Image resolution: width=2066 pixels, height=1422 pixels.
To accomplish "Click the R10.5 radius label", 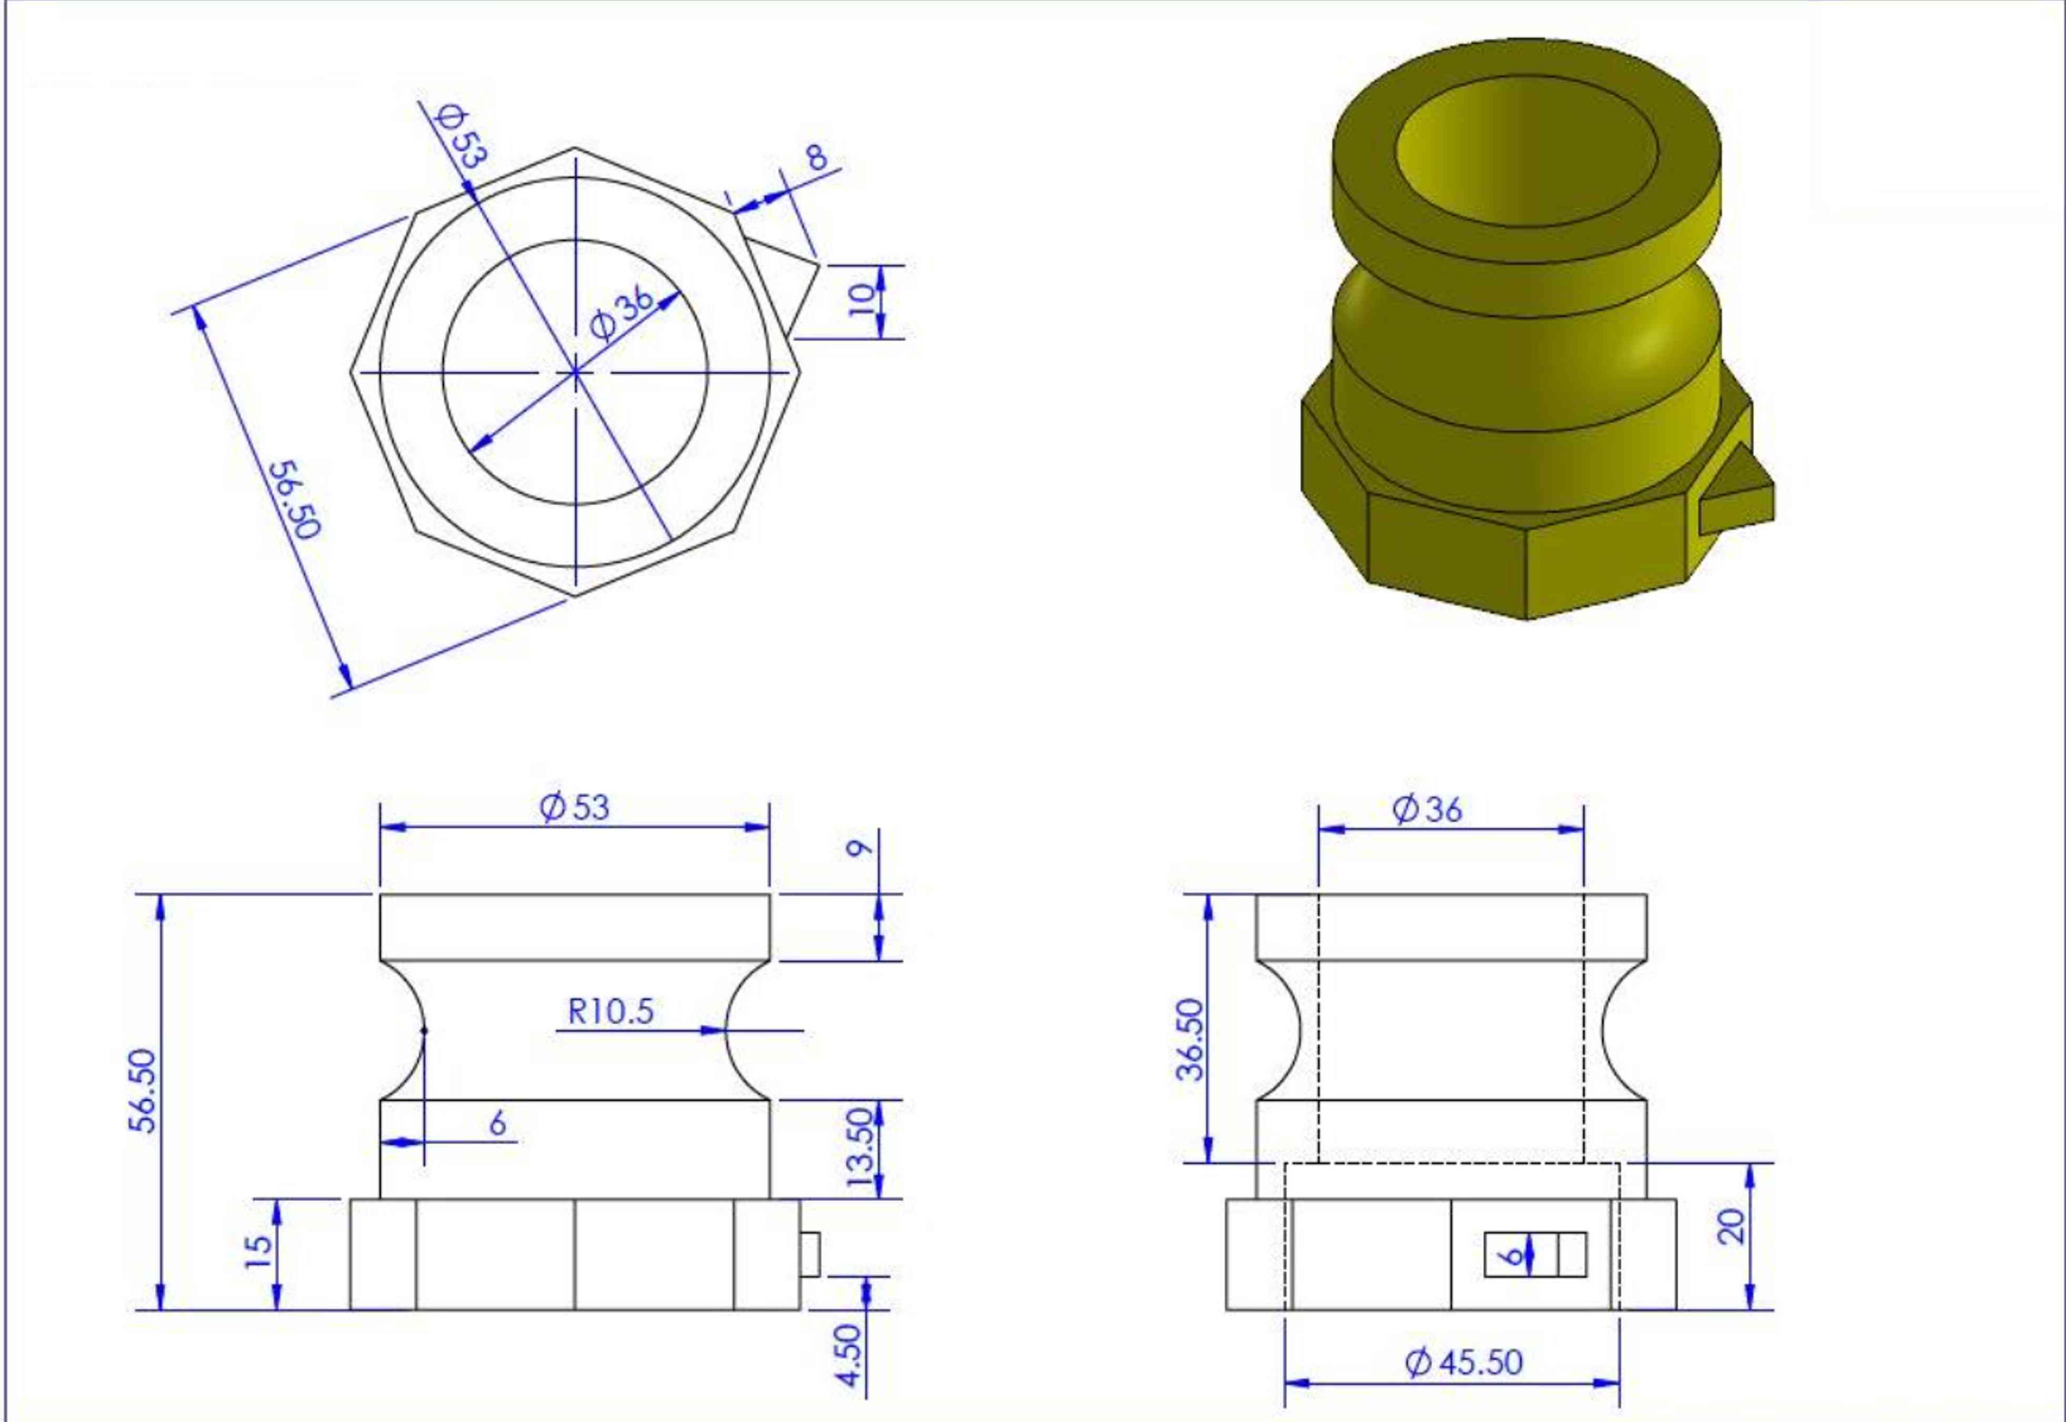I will tap(610, 1011).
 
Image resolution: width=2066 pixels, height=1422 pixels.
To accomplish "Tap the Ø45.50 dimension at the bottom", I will tap(1464, 1362).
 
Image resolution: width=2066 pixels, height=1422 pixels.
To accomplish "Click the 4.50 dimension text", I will tap(851, 1354).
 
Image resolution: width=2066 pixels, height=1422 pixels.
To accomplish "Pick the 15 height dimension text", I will tap(258, 1252).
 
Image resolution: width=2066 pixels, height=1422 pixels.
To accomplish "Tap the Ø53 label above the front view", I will tap(575, 807).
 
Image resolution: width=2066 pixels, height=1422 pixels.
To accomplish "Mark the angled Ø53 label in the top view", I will tap(462, 136).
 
